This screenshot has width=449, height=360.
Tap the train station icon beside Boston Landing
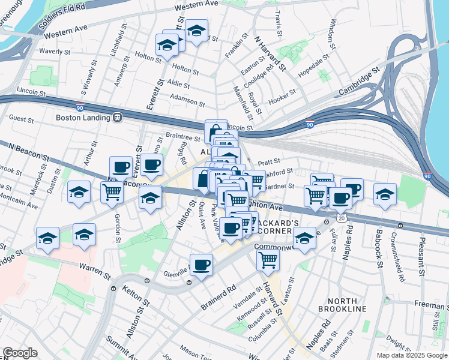(119, 118)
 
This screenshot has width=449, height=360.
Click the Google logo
(20, 353)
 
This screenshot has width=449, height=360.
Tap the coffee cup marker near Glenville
(202, 265)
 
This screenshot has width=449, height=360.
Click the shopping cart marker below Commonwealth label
(268, 260)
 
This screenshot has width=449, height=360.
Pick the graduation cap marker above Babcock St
(385, 194)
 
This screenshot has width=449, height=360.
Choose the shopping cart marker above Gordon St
(112, 192)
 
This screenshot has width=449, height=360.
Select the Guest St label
(22, 119)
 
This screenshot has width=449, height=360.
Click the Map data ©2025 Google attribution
(411, 355)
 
